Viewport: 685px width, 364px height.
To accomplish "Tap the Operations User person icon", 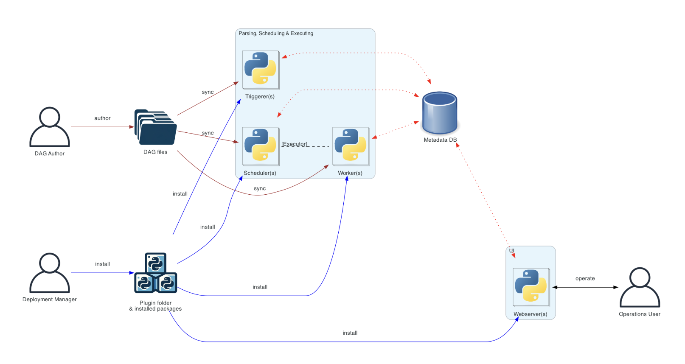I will (640, 287).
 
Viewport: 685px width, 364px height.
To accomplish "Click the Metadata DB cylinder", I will (440, 113).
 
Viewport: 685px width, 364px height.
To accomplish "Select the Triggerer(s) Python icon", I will (261, 70).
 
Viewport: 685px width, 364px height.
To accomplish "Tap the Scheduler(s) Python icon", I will (261, 146).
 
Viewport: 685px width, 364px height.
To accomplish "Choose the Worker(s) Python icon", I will (351, 146).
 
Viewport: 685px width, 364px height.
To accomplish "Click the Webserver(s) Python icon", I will (531, 287).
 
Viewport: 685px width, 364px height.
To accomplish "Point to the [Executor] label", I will (295, 144).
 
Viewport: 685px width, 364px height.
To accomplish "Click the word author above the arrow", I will (102, 118).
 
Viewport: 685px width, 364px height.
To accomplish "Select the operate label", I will (585, 278).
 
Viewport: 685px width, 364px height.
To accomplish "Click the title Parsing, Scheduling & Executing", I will (276, 34).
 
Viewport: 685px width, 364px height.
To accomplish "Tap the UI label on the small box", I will (512, 251).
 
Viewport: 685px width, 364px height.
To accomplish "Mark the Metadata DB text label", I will (440, 140).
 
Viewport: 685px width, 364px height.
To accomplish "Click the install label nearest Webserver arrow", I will (350, 333).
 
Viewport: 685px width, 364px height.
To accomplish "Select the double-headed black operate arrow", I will (585, 287).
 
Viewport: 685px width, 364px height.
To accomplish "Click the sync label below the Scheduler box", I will (260, 188).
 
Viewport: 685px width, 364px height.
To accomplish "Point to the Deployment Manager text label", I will (50, 300).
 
